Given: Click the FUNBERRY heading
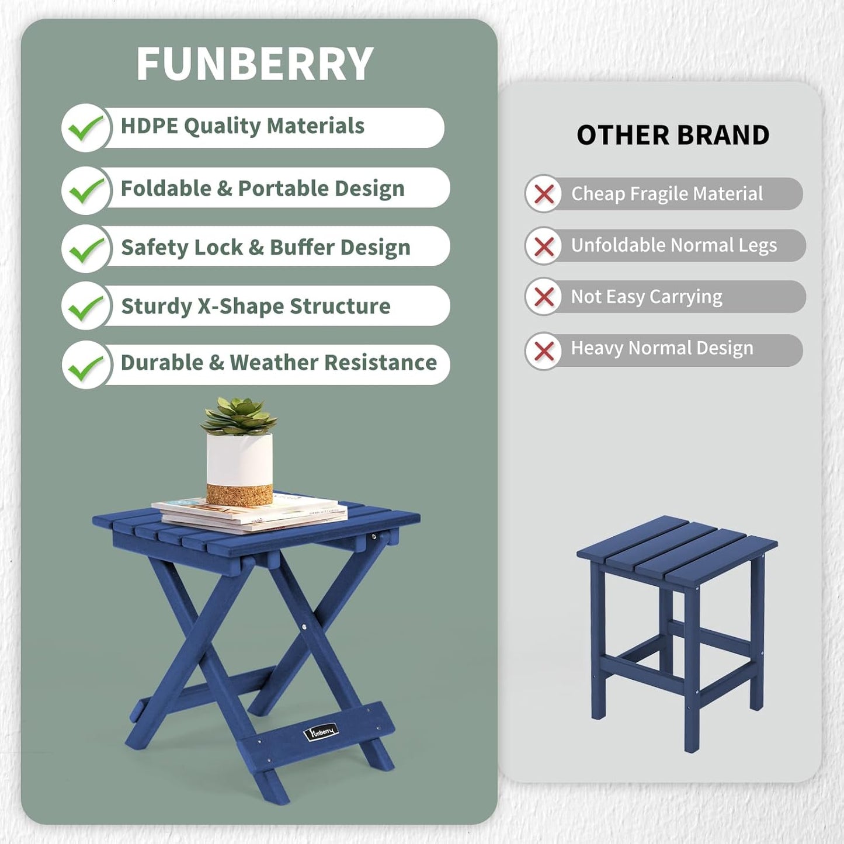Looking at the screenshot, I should click(255, 64).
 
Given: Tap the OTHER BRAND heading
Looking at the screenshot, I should click(673, 136).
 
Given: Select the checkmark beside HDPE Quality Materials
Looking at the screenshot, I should click(85, 128).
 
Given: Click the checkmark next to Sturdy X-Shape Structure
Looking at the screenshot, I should click(85, 307).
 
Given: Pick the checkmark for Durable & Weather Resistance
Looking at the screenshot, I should click(85, 366).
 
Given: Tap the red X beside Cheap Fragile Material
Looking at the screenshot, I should click(544, 194).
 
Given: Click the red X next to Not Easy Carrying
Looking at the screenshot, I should click(544, 297).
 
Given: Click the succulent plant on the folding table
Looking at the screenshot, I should click(239, 416).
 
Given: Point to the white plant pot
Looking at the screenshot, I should click(239, 459).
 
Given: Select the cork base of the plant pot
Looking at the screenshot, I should click(239, 494).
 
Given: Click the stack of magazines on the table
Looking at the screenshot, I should click(251, 514).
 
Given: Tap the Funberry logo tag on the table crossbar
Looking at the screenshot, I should click(321, 731).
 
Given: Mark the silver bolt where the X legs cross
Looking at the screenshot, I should click(304, 628).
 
